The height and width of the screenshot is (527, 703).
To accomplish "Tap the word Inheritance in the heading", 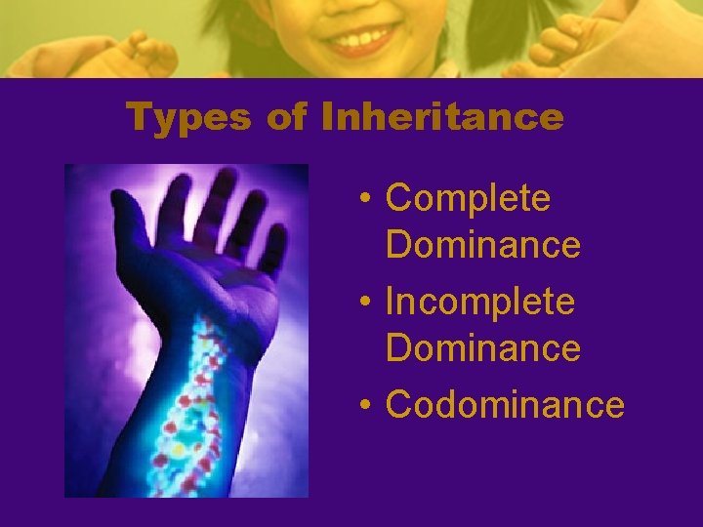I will (442, 118).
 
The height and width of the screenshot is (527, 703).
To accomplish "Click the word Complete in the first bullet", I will (468, 198).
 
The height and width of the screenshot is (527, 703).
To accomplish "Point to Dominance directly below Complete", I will (482, 244).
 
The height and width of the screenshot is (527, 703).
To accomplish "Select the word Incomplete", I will (479, 302).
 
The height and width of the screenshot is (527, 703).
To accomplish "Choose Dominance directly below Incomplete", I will (482, 346).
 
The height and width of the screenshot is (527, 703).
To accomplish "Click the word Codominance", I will (504, 404).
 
